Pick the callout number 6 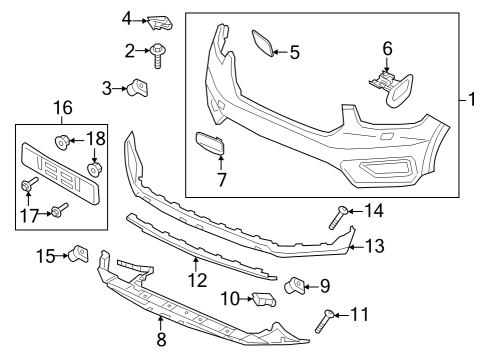point(388,48)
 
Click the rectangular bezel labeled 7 point(210,145)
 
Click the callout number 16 point(63,107)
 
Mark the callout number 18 point(98,137)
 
